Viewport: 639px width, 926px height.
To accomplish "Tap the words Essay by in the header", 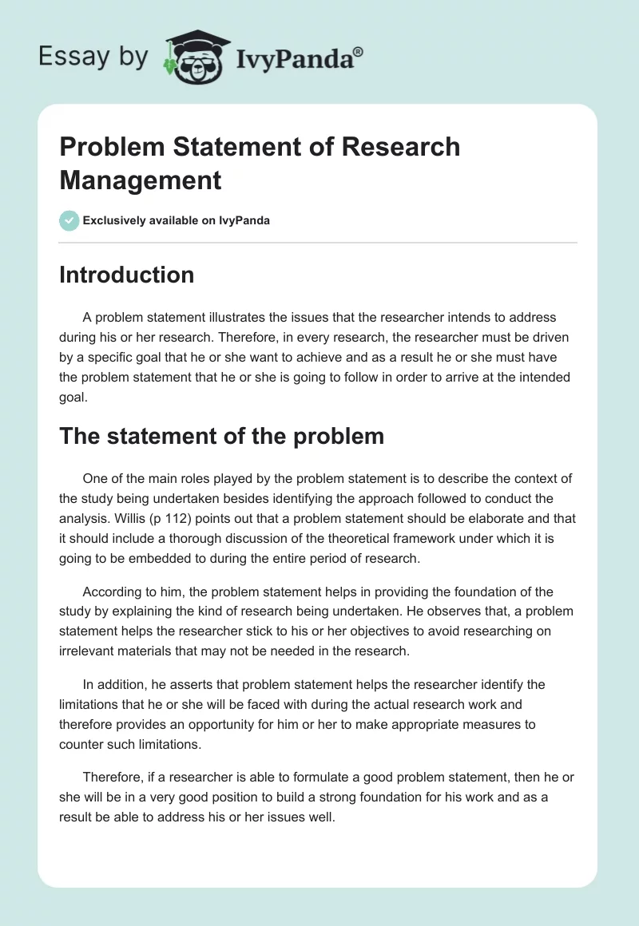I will pyautogui.click(x=93, y=57).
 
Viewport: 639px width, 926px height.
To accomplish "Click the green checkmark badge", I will pyautogui.click(x=69, y=220).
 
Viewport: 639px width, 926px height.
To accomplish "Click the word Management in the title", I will pyautogui.click(x=141, y=180).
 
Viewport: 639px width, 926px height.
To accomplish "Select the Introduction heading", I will pyautogui.click(x=127, y=275).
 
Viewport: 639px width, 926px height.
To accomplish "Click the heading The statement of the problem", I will pyautogui.click(x=221, y=436).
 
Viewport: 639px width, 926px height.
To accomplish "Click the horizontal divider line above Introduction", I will pyautogui.click(x=318, y=242).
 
